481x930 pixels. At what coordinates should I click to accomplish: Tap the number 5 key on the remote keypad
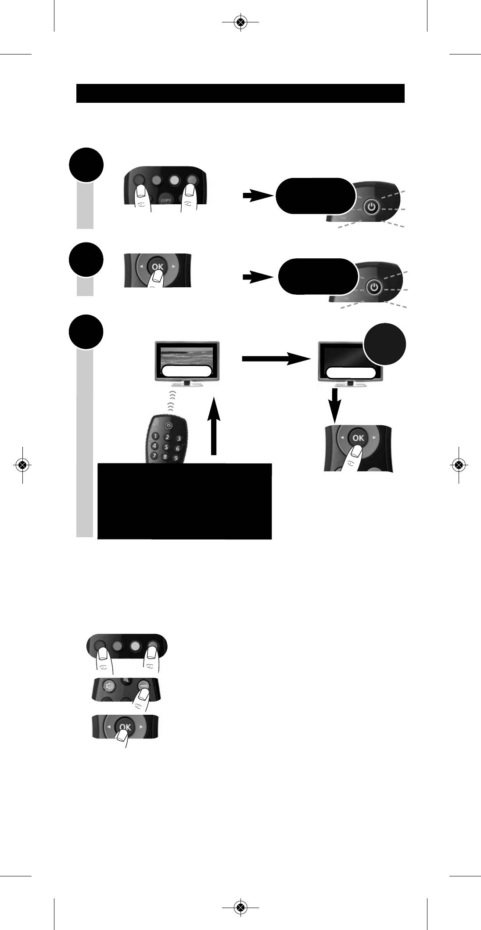coord(166,447)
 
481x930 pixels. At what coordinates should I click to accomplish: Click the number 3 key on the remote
coord(179,438)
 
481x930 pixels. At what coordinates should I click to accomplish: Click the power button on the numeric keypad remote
coord(169,426)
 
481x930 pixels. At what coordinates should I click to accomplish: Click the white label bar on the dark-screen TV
coord(351,373)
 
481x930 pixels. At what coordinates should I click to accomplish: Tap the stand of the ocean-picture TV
coord(187,383)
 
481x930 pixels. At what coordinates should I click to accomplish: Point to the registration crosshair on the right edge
coord(458,465)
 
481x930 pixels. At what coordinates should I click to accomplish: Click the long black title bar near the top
coord(240,93)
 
